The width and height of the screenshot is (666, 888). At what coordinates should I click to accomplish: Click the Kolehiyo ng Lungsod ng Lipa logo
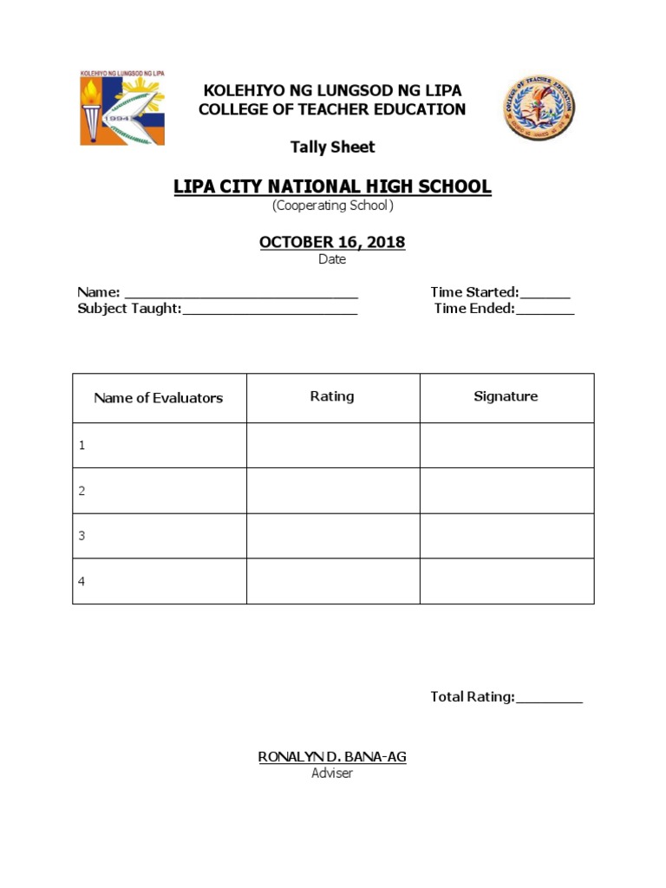[x=121, y=108]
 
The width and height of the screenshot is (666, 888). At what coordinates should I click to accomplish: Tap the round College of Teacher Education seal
[x=539, y=108]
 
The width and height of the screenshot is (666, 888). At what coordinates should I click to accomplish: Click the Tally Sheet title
[x=332, y=147]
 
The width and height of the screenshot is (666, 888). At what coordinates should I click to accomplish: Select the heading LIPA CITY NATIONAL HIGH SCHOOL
[x=332, y=186]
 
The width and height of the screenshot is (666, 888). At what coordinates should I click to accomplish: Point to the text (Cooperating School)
[x=332, y=206]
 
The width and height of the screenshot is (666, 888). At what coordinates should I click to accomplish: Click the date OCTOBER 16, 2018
[x=332, y=242]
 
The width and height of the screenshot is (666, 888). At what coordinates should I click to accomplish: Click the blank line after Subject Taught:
[x=270, y=310]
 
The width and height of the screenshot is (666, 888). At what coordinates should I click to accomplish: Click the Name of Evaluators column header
[x=159, y=398]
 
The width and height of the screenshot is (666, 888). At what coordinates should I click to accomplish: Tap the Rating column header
[x=332, y=396]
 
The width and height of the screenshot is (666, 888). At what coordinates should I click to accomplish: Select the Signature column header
[x=506, y=396]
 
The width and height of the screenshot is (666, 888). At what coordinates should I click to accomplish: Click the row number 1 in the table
[x=82, y=446]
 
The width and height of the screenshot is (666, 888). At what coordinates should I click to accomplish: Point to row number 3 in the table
[x=82, y=536]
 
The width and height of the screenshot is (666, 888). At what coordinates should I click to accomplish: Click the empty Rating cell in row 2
[x=333, y=491]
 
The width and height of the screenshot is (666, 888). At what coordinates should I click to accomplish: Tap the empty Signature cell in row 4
[x=507, y=581]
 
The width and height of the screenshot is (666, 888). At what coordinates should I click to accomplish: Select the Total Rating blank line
[x=549, y=699]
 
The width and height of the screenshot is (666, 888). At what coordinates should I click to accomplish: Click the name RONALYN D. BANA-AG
[x=332, y=757]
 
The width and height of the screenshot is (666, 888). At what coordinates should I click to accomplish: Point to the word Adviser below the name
[x=332, y=773]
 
